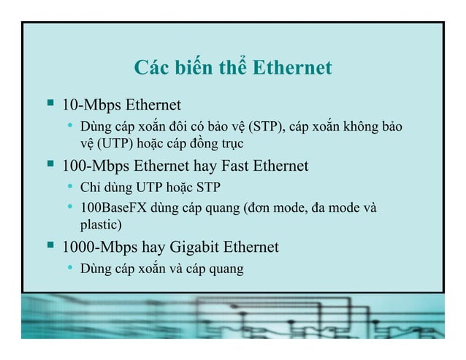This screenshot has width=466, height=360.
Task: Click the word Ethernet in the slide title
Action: (x=291, y=69)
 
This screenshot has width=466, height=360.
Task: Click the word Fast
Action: (x=231, y=166)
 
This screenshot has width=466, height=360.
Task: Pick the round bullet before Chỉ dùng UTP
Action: (x=69, y=188)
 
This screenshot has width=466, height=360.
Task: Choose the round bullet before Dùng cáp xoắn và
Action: (x=69, y=269)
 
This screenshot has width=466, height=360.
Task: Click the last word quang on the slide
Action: (x=227, y=270)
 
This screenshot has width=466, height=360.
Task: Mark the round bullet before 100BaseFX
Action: (x=69, y=207)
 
